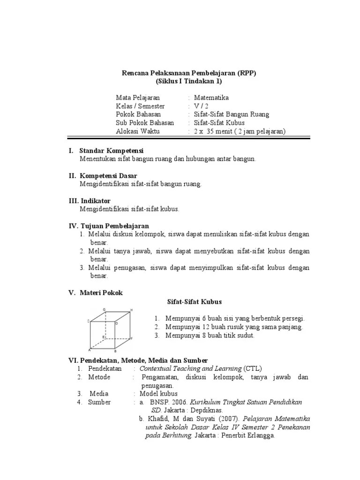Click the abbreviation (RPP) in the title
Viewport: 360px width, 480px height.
tap(247, 73)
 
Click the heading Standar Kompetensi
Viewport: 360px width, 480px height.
tap(111, 151)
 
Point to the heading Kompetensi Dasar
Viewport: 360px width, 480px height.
tap(108, 176)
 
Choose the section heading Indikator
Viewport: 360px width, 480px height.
tap(95, 201)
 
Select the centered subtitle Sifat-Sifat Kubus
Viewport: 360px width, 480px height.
tap(195, 301)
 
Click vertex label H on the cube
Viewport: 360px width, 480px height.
tap(132, 310)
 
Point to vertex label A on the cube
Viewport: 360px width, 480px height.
tap(89, 350)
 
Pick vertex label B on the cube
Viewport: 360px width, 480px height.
tap(115, 351)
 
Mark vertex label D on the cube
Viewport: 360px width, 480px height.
tap(116, 323)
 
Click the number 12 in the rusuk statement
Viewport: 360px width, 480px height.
tap(199, 327)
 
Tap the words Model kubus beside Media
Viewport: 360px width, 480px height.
tap(159, 394)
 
